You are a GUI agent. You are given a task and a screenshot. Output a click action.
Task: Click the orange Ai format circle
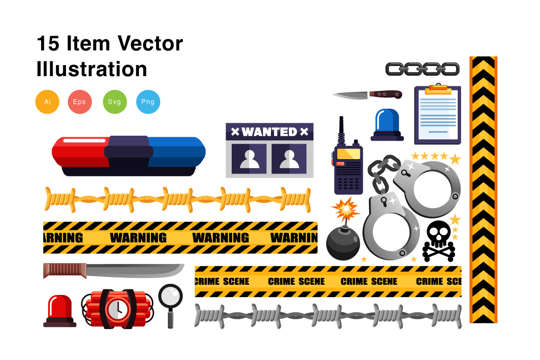tap(48, 102)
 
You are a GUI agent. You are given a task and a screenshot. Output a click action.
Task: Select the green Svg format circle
tap(114, 102)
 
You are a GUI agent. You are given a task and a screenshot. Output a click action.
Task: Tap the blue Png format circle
tap(148, 102)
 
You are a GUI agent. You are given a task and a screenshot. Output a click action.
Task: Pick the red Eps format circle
tap(79, 102)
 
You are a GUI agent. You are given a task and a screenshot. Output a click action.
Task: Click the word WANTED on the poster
tap(269, 132)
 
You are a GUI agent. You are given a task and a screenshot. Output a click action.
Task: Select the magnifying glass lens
tap(170, 295)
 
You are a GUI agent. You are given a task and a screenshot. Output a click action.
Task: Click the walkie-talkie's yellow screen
tap(348, 154)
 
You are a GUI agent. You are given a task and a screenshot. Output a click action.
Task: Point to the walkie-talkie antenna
tap(341, 129)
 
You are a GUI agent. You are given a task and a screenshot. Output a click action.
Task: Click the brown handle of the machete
tap(65, 270)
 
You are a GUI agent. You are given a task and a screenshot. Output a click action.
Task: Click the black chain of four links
tap(422, 69)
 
